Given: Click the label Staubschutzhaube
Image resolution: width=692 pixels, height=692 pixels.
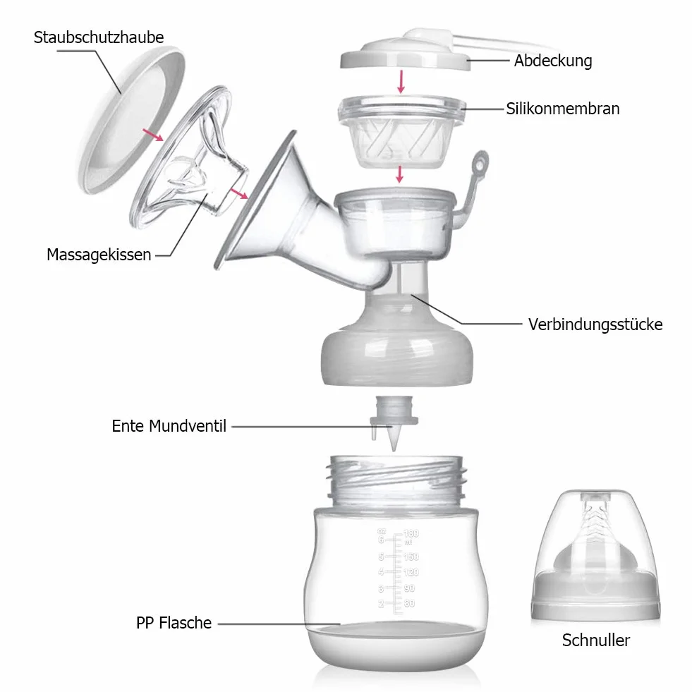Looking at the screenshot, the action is pyautogui.click(x=99, y=37).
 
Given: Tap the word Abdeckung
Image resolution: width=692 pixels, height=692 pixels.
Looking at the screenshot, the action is pyautogui.click(x=553, y=61).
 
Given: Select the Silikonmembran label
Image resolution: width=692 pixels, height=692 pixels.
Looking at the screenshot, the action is pyautogui.click(x=563, y=109).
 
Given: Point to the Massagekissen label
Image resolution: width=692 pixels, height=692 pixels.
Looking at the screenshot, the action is pyautogui.click(x=99, y=255).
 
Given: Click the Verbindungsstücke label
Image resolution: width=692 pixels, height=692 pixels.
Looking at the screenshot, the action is pyautogui.click(x=595, y=324).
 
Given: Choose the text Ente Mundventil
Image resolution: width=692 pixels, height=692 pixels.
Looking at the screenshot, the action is pyautogui.click(x=169, y=426).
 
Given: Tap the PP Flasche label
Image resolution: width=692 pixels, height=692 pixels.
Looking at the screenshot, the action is pyautogui.click(x=174, y=623).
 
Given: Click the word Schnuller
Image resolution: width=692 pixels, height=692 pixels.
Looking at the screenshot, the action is pyautogui.click(x=596, y=640).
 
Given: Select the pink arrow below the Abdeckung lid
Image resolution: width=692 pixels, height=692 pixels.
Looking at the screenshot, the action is pyautogui.click(x=401, y=81).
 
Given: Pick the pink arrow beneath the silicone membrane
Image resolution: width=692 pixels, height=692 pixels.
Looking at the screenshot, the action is pyautogui.click(x=399, y=174).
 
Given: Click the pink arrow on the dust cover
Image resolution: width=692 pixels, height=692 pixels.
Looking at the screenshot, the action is pyautogui.click(x=152, y=135).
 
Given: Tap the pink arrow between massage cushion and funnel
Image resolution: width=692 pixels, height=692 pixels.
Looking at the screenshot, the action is pyautogui.click(x=238, y=193).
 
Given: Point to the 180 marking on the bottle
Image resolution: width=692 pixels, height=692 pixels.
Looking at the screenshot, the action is pyautogui.click(x=411, y=533).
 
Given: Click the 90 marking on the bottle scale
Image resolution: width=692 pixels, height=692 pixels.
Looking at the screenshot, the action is pyautogui.click(x=409, y=588).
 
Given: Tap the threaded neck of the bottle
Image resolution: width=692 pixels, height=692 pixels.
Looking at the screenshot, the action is pyautogui.click(x=396, y=482).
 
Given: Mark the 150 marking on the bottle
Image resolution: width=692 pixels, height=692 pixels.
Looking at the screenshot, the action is pyautogui.click(x=411, y=557).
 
